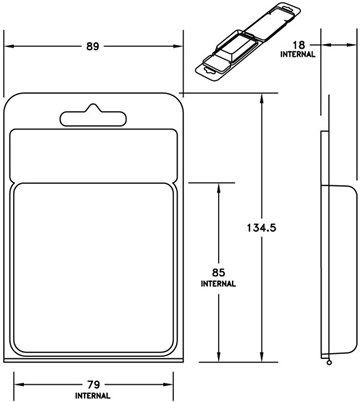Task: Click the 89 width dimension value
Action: (x=93, y=46)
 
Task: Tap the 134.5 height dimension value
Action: (x=262, y=228)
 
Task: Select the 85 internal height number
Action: (x=218, y=273)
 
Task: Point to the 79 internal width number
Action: (x=93, y=385)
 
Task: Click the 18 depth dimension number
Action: (x=299, y=45)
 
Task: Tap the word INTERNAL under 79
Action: (x=93, y=396)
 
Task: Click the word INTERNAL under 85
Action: (x=218, y=284)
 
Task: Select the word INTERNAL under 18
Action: (x=298, y=54)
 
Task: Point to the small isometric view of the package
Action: (x=248, y=42)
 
